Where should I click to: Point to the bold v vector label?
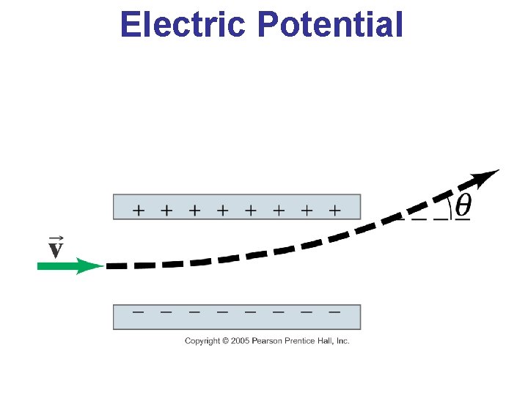(55, 251)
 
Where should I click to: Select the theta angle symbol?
(463, 206)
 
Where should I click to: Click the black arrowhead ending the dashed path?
(485, 177)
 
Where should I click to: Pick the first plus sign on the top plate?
(138, 210)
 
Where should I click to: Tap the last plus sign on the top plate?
(334, 210)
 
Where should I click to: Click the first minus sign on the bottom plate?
(138, 311)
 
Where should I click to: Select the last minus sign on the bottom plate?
(334, 311)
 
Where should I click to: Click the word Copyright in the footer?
(202, 341)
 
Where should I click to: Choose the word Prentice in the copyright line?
(298, 341)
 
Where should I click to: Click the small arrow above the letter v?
(55, 238)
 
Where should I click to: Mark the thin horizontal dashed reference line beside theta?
(425, 218)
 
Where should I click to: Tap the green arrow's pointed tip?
(100, 266)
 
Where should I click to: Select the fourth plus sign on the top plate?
(222, 210)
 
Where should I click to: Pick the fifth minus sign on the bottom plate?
(250, 311)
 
